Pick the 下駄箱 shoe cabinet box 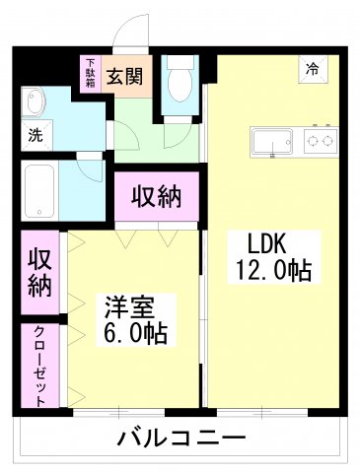[x=90, y=73]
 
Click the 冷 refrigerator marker [x=312, y=69]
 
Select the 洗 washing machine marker [x=33, y=135]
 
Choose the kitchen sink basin [x=271, y=143]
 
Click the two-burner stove [x=319, y=143]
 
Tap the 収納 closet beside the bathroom [x=157, y=196]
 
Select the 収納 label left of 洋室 [x=38, y=272]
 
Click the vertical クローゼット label [x=38, y=366]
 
